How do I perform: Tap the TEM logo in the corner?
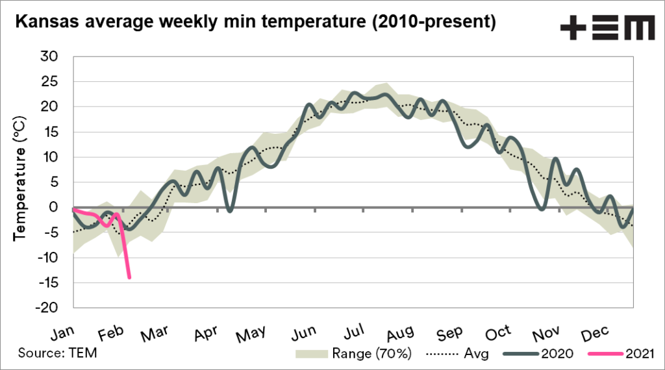click(607, 29)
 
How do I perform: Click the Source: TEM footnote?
click(53, 353)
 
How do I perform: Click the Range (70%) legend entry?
click(353, 353)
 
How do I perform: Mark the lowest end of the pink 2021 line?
click(129, 278)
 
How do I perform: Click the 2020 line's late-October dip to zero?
click(542, 208)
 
